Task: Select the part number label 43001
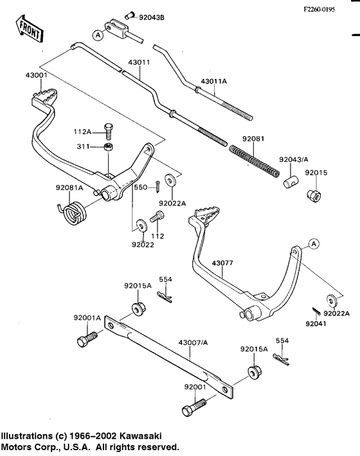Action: [x=37, y=76]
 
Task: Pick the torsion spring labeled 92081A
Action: [x=72, y=212]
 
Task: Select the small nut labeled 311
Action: [x=109, y=149]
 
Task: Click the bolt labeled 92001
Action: [x=195, y=407]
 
